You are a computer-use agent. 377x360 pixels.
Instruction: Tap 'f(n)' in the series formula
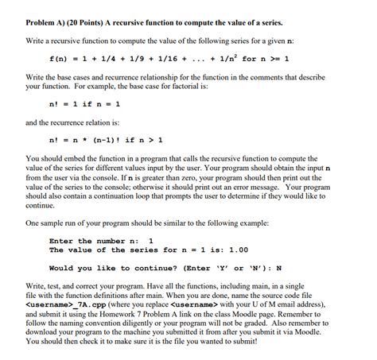tap(60, 58)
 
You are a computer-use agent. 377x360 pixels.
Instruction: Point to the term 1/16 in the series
tap(160, 58)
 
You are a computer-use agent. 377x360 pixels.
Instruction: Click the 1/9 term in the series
tap(130, 58)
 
